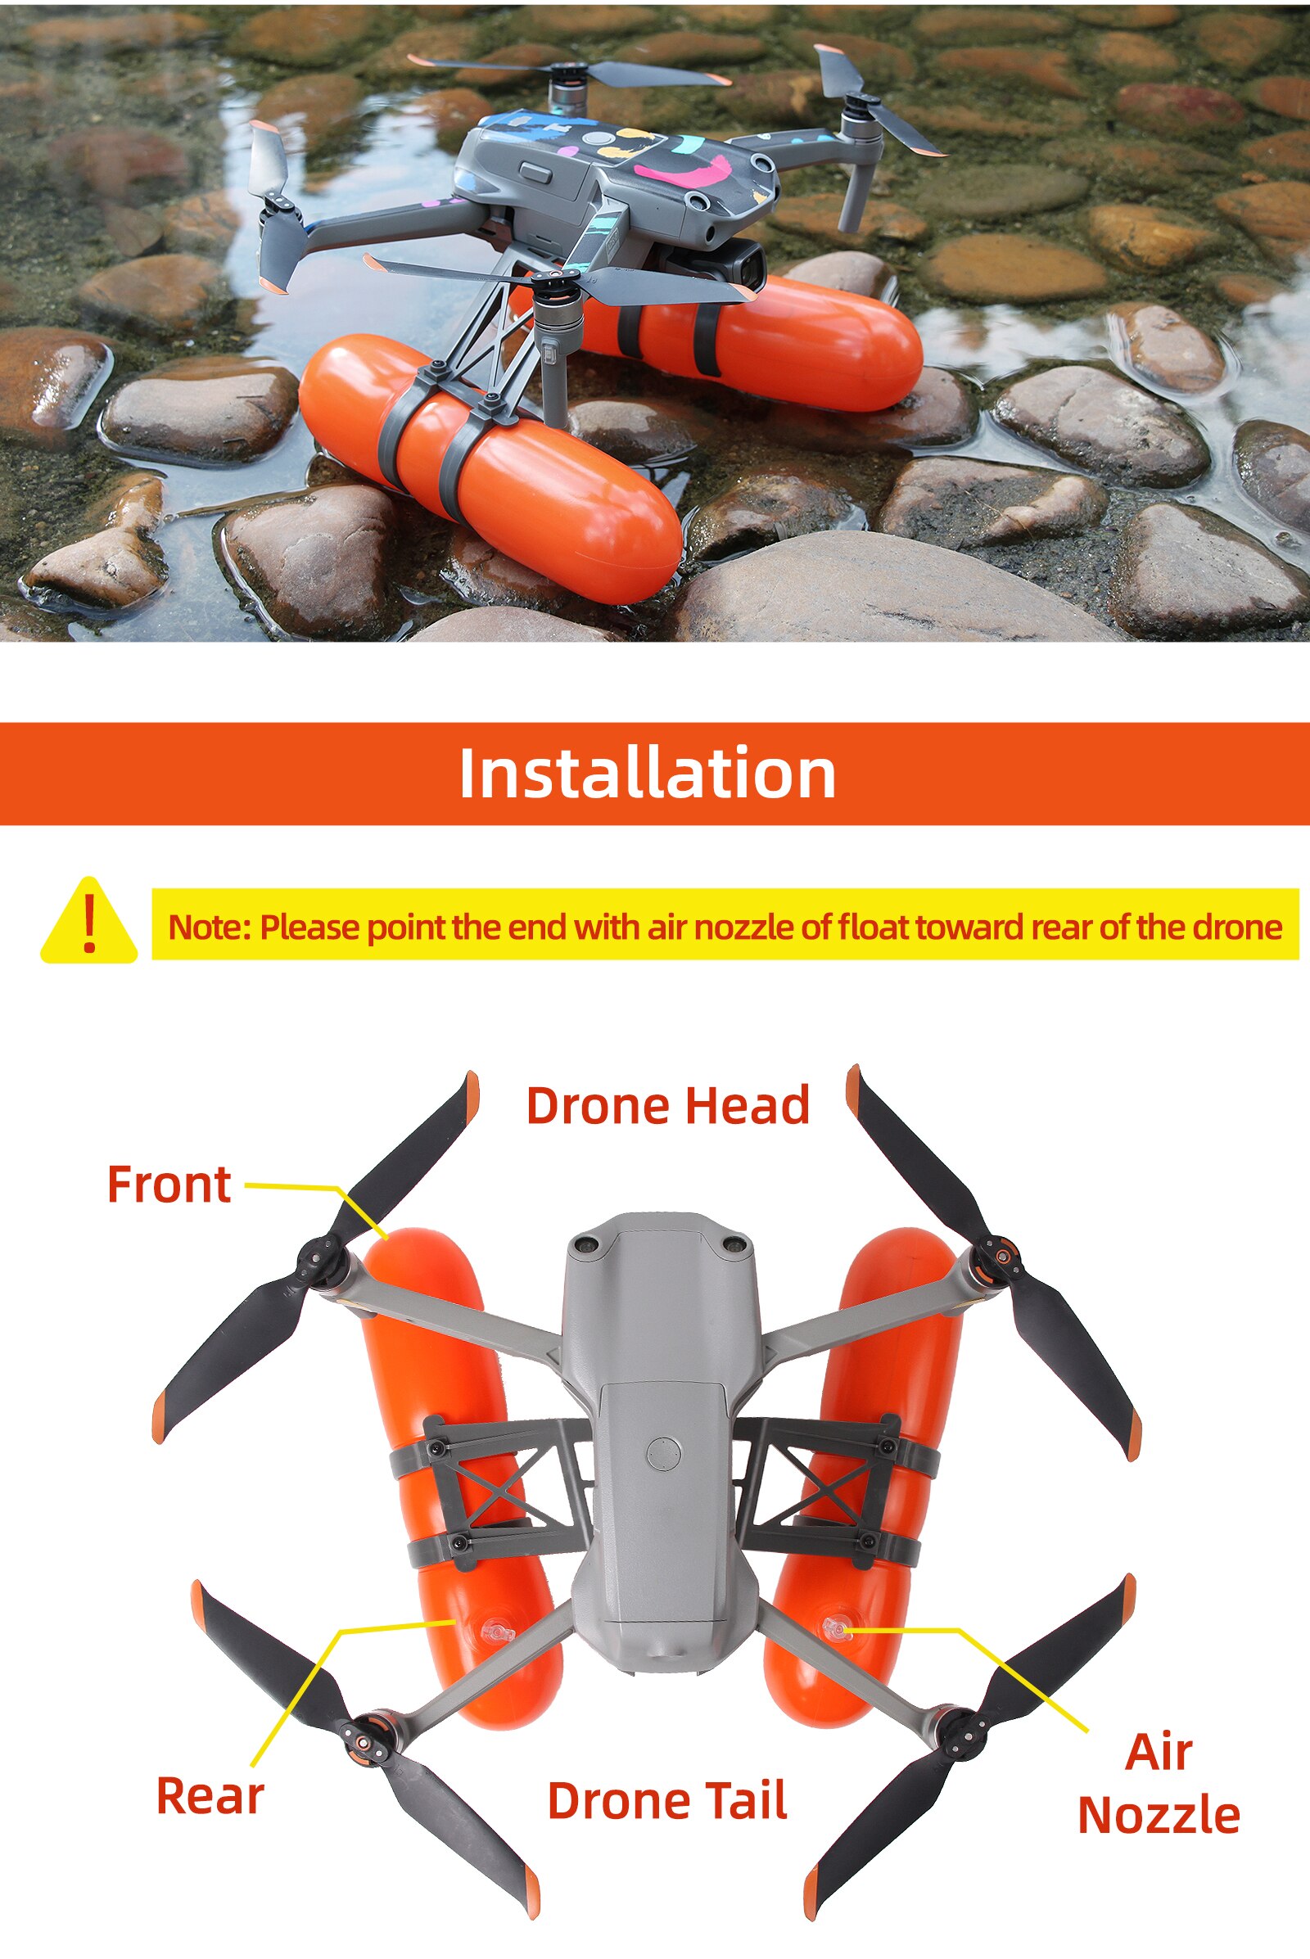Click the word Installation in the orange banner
(x=647, y=774)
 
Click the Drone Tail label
(x=666, y=1800)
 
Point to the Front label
(x=169, y=1185)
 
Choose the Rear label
(x=210, y=1796)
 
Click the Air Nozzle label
(x=1159, y=1785)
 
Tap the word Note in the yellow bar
(x=205, y=928)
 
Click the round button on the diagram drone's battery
(x=663, y=1454)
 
